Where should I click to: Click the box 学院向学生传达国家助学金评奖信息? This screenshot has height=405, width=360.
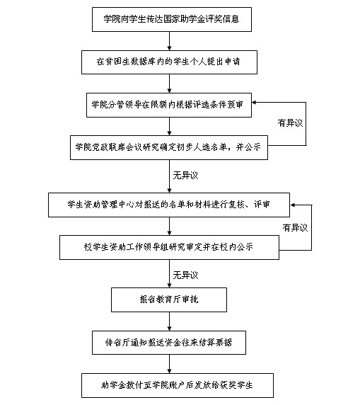[x=172, y=19]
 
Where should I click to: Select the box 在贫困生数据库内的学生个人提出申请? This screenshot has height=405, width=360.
[x=169, y=62]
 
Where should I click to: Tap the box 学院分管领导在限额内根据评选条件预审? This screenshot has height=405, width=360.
[x=169, y=105]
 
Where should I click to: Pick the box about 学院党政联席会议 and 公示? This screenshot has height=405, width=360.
[x=169, y=147]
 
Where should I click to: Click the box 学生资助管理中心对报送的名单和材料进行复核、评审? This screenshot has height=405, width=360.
[x=169, y=205]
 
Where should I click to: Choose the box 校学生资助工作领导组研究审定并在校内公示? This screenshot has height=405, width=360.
[x=169, y=247]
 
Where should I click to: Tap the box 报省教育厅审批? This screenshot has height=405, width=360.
[x=169, y=300]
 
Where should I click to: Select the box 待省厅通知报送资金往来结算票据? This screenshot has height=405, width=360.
[x=169, y=343]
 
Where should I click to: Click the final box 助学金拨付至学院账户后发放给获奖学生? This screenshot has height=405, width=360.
[x=178, y=385]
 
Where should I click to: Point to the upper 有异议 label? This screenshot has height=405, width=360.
[x=290, y=123]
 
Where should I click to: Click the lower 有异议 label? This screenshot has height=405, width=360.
[x=295, y=228]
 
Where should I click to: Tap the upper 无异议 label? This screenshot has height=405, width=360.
[x=185, y=176]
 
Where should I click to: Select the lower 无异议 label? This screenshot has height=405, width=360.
[x=185, y=275]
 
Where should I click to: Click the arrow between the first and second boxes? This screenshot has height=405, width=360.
[x=169, y=41]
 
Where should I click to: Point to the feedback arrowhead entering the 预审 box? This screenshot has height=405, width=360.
[x=254, y=103]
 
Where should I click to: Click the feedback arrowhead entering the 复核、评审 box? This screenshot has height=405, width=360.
[x=292, y=205]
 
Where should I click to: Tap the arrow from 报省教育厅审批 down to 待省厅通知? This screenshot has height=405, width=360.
[x=169, y=321]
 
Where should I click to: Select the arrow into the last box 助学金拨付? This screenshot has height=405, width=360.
[x=169, y=364]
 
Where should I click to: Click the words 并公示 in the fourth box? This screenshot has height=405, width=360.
[x=248, y=147]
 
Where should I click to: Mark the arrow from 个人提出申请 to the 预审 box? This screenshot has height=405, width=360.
[x=169, y=84]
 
